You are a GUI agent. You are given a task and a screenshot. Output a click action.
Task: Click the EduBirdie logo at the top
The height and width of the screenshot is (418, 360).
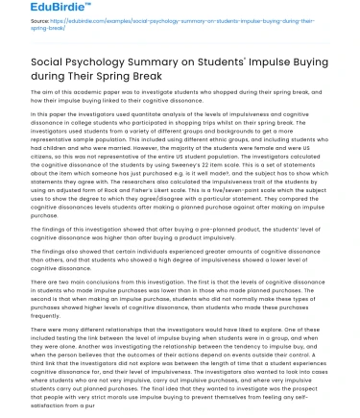(x=33, y=12)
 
